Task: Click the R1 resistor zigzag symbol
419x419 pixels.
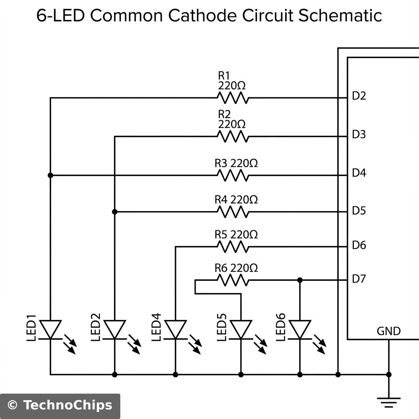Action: coord(232,98)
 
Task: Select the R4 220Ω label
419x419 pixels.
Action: coord(236,200)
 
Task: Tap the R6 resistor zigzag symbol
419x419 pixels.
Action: coord(232,280)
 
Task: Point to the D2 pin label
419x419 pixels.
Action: coord(359,96)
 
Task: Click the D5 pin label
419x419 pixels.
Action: coord(359,211)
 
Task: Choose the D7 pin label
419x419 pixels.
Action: coord(359,279)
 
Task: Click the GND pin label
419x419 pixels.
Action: coord(388,331)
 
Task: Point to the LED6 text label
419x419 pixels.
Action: coord(281,327)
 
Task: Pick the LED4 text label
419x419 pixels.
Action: coord(157,327)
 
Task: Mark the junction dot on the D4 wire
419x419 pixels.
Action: coord(50,175)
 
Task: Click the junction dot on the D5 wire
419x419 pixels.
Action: coord(115,212)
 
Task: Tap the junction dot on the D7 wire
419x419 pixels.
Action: coord(300,280)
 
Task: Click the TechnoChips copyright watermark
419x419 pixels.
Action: coord(60,405)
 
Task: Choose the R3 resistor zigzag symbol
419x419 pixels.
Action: coord(232,176)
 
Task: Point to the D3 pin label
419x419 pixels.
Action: coord(359,134)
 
